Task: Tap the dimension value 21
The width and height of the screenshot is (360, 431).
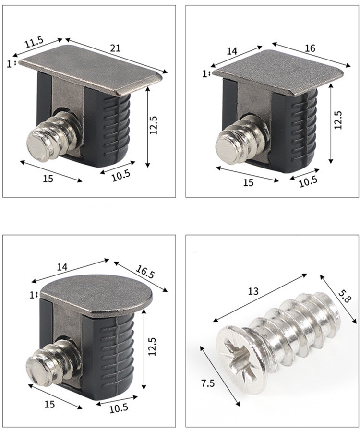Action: (x=115, y=48)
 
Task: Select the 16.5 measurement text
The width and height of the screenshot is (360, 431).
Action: (x=145, y=274)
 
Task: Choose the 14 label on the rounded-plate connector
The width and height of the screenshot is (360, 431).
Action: (x=66, y=267)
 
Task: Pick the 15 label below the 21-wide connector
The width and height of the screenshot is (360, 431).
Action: (x=48, y=178)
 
